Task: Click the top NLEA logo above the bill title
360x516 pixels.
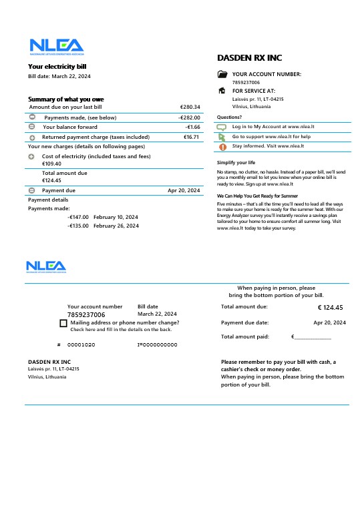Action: click(x=56, y=46)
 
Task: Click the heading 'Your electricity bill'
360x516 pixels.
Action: click(x=57, y=66)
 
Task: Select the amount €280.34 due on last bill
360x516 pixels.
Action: click(x=190, y=107)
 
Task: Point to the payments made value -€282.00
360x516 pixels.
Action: click(x=189, y=117)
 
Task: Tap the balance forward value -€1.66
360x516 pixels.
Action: click(x=193, y=127)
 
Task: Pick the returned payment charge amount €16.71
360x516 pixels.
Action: click(x=192, y=137)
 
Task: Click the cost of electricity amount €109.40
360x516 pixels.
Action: click(x=51, y=164)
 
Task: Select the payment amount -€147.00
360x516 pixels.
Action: click(x=78, y=217)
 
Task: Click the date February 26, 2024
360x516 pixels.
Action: click(x=116, y=226)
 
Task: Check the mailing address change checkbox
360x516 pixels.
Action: click(x=63, y=324)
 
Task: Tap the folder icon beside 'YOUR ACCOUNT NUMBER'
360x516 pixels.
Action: click(x=222, y=74)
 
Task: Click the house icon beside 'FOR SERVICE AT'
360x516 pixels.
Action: click(x=222, y=90)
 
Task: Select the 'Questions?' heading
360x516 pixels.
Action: click(x=229, y=117)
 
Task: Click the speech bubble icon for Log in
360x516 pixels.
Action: click(x=222, y=126)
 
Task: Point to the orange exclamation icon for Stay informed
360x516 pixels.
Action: click(x=222, y=146)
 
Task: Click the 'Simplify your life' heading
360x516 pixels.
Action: click(x=236, y=163)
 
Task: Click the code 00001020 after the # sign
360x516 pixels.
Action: click(x=81, y=344)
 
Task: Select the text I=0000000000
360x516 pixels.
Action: click(x=157, y=344)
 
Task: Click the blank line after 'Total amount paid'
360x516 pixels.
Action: click(x=313, y=338)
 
